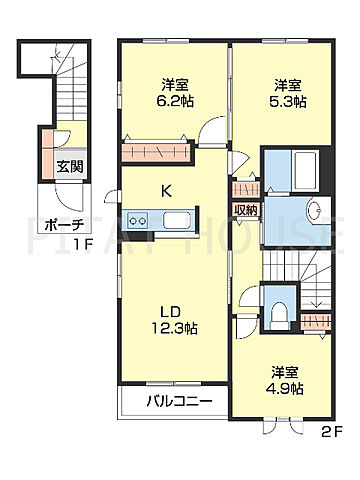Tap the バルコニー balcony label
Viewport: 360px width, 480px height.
point(170,403)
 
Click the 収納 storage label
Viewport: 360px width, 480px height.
point(245,210)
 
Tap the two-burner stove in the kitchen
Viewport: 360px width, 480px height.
point(139,220)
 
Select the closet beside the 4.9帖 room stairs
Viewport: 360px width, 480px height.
point(317,321)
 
